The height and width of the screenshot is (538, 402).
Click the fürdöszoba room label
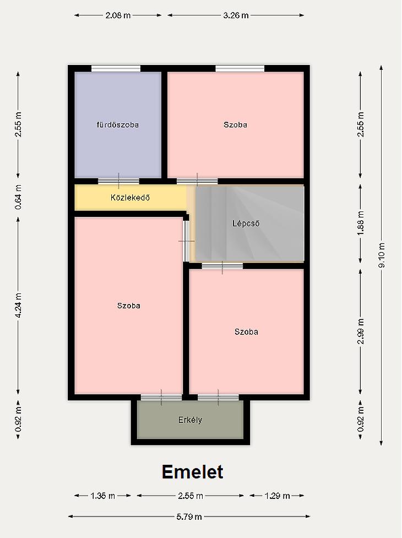(118, 124)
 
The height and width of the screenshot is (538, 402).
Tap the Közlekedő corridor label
(130, 198)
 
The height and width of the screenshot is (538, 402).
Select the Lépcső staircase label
(246, 224)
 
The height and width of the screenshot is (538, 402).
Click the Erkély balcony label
(191, 420)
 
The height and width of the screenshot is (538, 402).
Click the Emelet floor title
(192, 472)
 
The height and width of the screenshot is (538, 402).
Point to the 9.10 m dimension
(382, 256)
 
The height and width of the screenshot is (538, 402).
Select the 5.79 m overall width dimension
(189, 517)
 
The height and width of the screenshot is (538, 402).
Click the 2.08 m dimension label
(118, 15)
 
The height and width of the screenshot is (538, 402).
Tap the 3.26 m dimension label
(236, 15)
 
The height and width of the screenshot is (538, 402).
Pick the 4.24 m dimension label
(19, 306)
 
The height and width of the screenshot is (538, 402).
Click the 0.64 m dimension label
(19, 197)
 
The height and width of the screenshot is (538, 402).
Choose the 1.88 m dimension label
(361, 224)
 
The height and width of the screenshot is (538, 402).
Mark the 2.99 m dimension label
(361, 332)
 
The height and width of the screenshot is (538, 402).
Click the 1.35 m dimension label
(102, 496)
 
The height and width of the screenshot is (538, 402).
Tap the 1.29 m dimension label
(277, 496)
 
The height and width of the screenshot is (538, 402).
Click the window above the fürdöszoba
(116, 69)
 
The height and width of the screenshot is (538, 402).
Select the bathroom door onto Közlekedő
(119, 181)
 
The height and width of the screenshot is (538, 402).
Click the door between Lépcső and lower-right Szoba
(222, 267)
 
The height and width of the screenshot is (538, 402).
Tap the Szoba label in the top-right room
(235, 124)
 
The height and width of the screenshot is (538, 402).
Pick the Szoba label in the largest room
(129, 306)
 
